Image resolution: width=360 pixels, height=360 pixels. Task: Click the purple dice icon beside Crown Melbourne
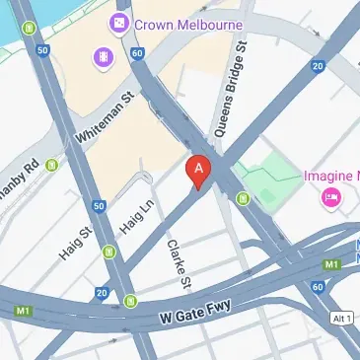[119, 22]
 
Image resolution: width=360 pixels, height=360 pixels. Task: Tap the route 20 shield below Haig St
[103, 293]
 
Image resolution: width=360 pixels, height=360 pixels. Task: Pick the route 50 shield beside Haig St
[100, 206]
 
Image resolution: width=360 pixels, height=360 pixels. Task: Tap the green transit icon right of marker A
[243, 201]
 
